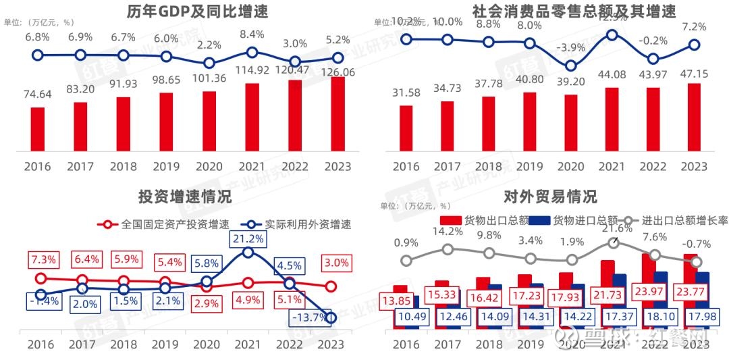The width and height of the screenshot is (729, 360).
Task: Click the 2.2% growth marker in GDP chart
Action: (209, 63)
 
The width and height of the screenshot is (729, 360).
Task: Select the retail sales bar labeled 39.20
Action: (571, 124)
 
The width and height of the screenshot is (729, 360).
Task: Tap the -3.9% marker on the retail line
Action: (571, 66)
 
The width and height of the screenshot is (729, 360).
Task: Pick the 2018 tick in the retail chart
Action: (489, 166)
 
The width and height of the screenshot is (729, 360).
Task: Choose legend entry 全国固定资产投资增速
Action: (165, 224)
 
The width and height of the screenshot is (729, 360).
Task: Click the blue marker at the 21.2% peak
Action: (248, 252)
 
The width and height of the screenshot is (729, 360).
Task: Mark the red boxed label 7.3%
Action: (42, 259)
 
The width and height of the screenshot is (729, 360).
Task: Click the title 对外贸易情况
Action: (551, 197)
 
